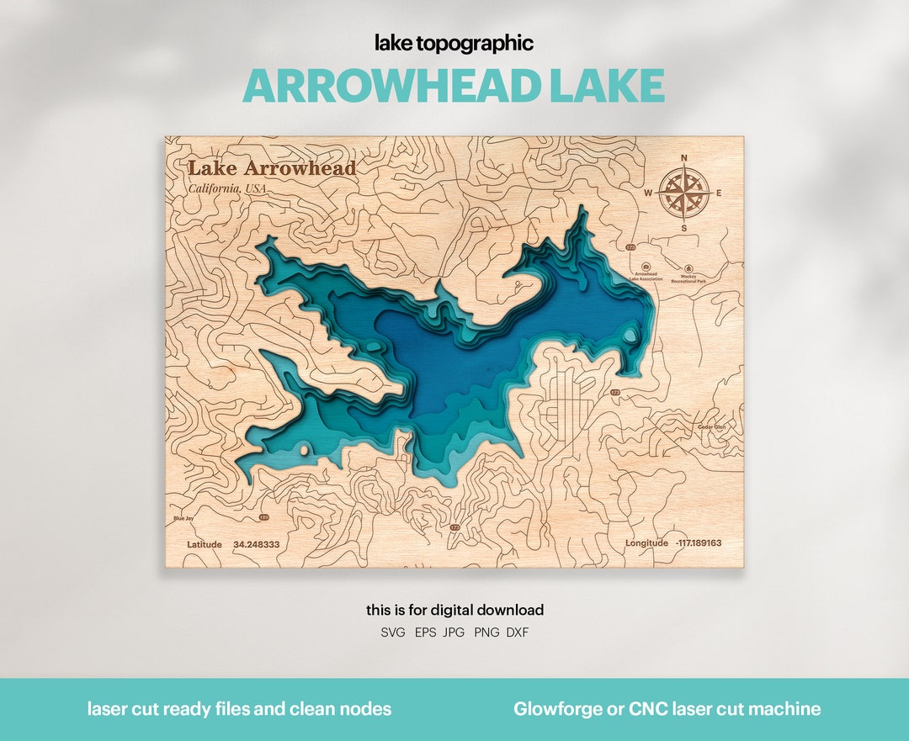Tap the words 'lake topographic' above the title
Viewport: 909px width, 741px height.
pos(454,44)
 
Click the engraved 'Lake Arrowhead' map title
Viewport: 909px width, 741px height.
pos(271,168)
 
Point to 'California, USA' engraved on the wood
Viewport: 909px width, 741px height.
pos(226,188)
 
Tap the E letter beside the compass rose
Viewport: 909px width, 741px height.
pos(719,193)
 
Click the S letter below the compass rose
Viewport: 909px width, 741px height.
pos(683,228)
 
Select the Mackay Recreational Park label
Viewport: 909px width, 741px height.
pos(688,278)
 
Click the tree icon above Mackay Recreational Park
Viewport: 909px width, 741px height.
pos(688,265)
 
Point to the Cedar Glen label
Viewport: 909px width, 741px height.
pos(711,427)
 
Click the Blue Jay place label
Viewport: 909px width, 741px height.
pos(183,519)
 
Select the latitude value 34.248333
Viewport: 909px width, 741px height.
pos(257,544)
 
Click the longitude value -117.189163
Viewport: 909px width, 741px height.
pos(698,543)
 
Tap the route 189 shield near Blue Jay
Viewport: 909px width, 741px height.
pos(264,517)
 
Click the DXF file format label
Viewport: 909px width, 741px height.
pos(518,632)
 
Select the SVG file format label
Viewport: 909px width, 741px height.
pos(392,632)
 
